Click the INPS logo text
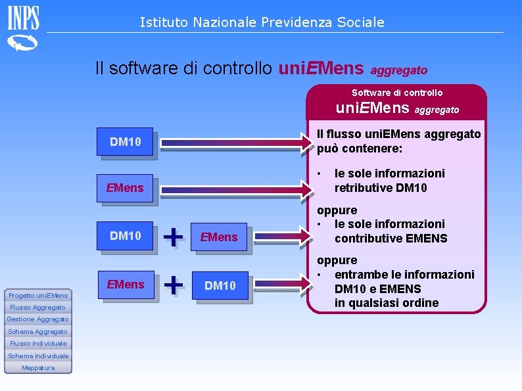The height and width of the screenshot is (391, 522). (x=23, y=18)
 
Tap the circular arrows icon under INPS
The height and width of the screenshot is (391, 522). (x=23, y=44)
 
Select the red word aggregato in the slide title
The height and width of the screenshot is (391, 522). (x=400, y=69)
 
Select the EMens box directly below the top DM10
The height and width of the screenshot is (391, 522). (x=124, y=188)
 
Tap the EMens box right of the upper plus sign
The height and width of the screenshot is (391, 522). (x=220, y=237)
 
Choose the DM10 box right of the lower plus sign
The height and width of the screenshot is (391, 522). (x=220, y=285)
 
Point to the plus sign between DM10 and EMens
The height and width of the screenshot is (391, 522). (x=172, y=235)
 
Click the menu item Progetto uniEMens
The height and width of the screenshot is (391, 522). (x=38, y=296)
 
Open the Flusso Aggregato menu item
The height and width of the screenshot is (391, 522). (x=38, y=308)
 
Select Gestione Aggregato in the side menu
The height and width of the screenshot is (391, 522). (x=38, y=319)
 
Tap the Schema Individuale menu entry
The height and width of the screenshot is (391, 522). (x=38, y=356)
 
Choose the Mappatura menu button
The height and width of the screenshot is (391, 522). (x=38, y=367)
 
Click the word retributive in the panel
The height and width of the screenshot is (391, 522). (x=362, y=188)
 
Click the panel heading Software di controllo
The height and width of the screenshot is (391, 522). (x=397, y=93)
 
